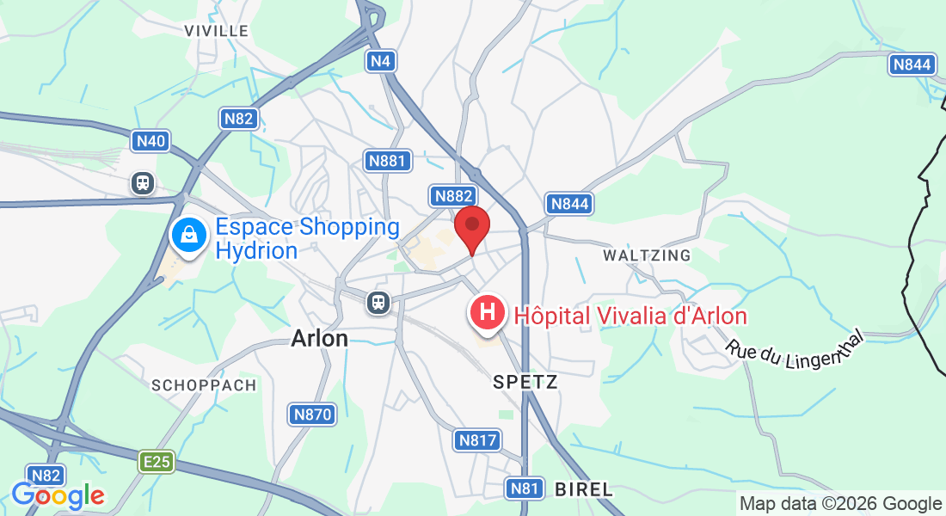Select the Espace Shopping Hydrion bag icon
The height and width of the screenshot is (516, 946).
[187, 234]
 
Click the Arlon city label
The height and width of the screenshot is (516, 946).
[320, 338]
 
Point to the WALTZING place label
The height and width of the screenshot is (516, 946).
[647, 255]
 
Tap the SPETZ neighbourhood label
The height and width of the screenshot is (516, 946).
[525, 382]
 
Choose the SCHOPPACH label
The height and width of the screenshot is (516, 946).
[204, 385]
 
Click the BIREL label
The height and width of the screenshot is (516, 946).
[584, 489]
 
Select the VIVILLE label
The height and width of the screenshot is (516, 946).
[217, 31]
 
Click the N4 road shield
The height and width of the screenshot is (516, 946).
[381, 60]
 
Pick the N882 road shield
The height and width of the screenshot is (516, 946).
[452, 196]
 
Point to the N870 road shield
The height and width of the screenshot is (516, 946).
[311, 415]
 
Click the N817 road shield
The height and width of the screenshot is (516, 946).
[476, 440]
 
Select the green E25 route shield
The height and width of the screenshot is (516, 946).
[157, 462]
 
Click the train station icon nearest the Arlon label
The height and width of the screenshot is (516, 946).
[377, 302]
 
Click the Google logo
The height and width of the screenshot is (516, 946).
[58, 495]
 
